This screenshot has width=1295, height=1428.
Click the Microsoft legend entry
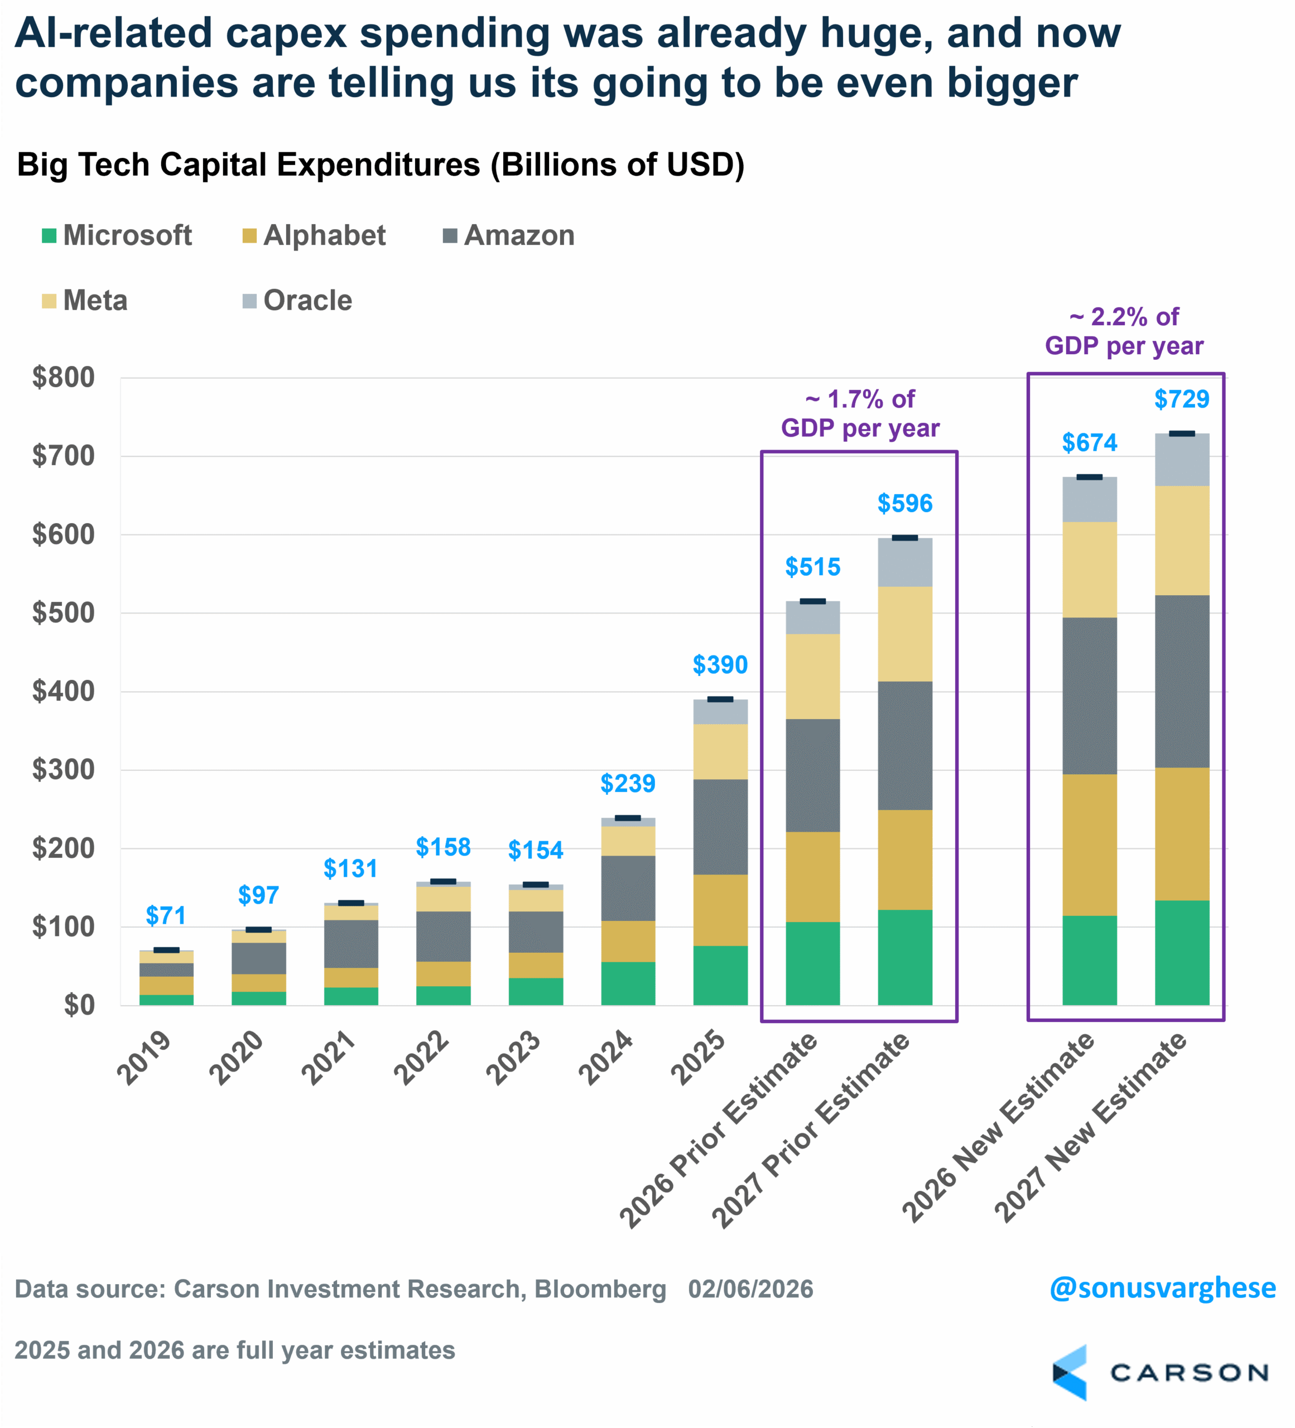(117, 236)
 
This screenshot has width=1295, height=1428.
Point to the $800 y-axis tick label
(64, 378)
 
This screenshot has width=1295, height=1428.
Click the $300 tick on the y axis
(64, 769)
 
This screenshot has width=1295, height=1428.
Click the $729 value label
(1182, 399)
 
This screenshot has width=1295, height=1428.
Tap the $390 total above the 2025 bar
(720, 664)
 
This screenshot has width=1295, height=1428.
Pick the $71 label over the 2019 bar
(166, 915)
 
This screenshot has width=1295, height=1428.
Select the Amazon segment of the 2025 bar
(720, 827)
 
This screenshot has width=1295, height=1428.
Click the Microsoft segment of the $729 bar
(1182, 952)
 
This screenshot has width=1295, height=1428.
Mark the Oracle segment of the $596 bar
(904, 562)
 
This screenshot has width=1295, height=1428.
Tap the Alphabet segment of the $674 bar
(1090, 845)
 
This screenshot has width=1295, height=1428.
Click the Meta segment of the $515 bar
(812, 677)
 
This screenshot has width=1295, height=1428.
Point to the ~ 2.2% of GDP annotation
(1124, 331)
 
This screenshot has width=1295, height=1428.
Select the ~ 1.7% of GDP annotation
(860, 414)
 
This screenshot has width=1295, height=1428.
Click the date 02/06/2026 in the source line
(750, 1289)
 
